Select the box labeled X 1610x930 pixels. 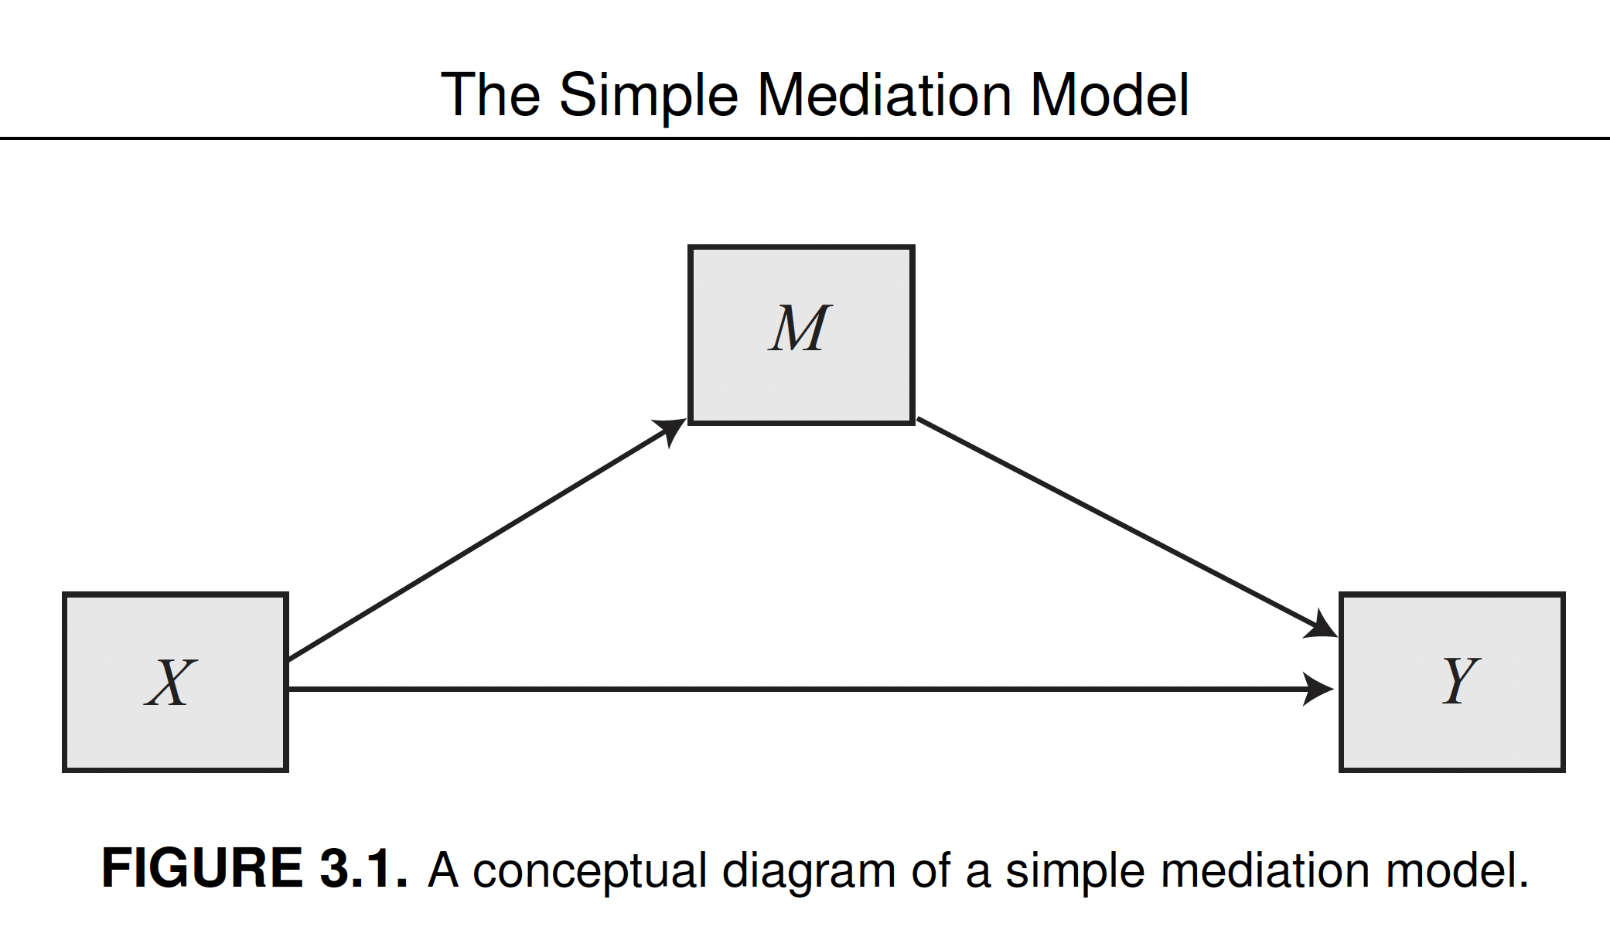pos(176,734)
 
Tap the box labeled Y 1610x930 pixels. pos(1451,734)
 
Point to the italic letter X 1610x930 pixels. pos(171,683)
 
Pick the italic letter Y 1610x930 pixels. pos(1460,680)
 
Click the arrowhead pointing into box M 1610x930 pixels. pos(671,429)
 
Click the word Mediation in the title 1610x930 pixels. pos(884,95)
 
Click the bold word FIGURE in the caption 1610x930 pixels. pos(202,868)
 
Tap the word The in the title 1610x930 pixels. pos(490,95)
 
